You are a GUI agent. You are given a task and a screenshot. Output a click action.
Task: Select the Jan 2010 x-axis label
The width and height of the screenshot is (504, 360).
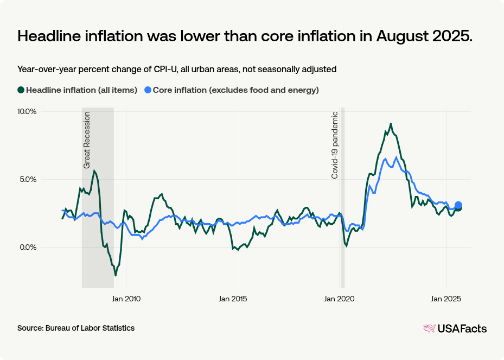[x=126, y=298]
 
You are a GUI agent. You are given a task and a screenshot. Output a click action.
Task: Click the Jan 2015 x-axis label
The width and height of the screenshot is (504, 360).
[x=233, y=298]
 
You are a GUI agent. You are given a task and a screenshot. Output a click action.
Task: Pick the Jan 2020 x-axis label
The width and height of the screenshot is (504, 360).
[x=339, y=298]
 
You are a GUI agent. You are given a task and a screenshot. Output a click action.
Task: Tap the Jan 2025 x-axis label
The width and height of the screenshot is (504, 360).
[x=446, y=298]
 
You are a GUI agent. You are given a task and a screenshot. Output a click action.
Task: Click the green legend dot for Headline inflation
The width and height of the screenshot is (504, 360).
[x=21, y=90]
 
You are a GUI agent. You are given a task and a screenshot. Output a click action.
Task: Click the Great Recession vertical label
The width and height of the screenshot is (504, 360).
[x=87, y=140]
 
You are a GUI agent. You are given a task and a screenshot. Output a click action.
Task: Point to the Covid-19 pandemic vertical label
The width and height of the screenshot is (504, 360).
[x=335, y=145]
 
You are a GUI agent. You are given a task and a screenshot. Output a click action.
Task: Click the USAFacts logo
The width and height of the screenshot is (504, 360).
[x=455, y=329]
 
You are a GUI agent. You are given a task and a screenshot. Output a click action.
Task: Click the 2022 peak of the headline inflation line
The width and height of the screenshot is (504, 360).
[x=391, y=124]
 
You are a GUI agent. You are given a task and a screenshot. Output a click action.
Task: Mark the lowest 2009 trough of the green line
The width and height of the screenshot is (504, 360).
[x=116, y=275]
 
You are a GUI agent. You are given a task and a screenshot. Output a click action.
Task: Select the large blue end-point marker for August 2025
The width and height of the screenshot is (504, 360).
[x=458, y=205]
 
